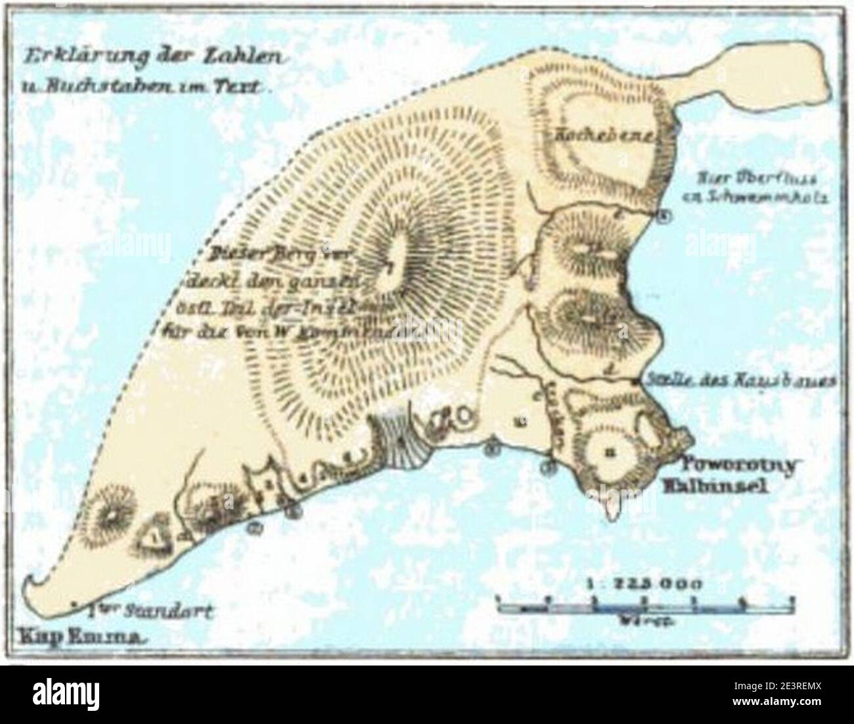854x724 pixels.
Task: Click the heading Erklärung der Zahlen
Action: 151,57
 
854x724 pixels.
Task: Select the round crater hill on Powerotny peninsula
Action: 611,452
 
